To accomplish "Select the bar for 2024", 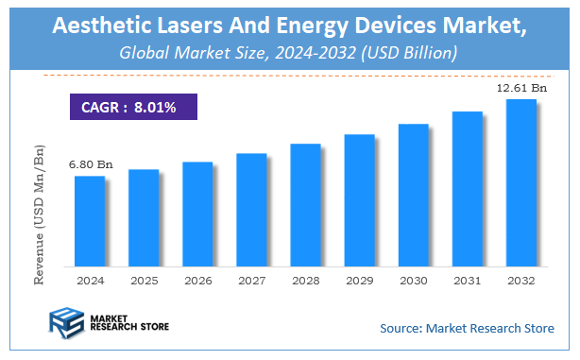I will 90,220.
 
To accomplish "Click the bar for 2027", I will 251,209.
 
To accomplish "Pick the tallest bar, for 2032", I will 520,181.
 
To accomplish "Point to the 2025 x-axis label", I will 144,281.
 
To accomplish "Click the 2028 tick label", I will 305,281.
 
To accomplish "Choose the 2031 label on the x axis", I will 467,281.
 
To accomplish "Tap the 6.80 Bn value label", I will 91,164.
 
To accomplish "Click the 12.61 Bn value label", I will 521,88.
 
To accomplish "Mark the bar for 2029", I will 359,199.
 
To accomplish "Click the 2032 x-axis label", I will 520,281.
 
